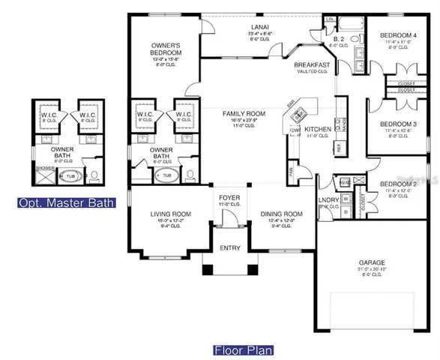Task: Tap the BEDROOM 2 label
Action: [395, 184]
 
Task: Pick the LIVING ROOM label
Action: [166, 214]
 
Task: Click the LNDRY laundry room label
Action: [328, 199]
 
